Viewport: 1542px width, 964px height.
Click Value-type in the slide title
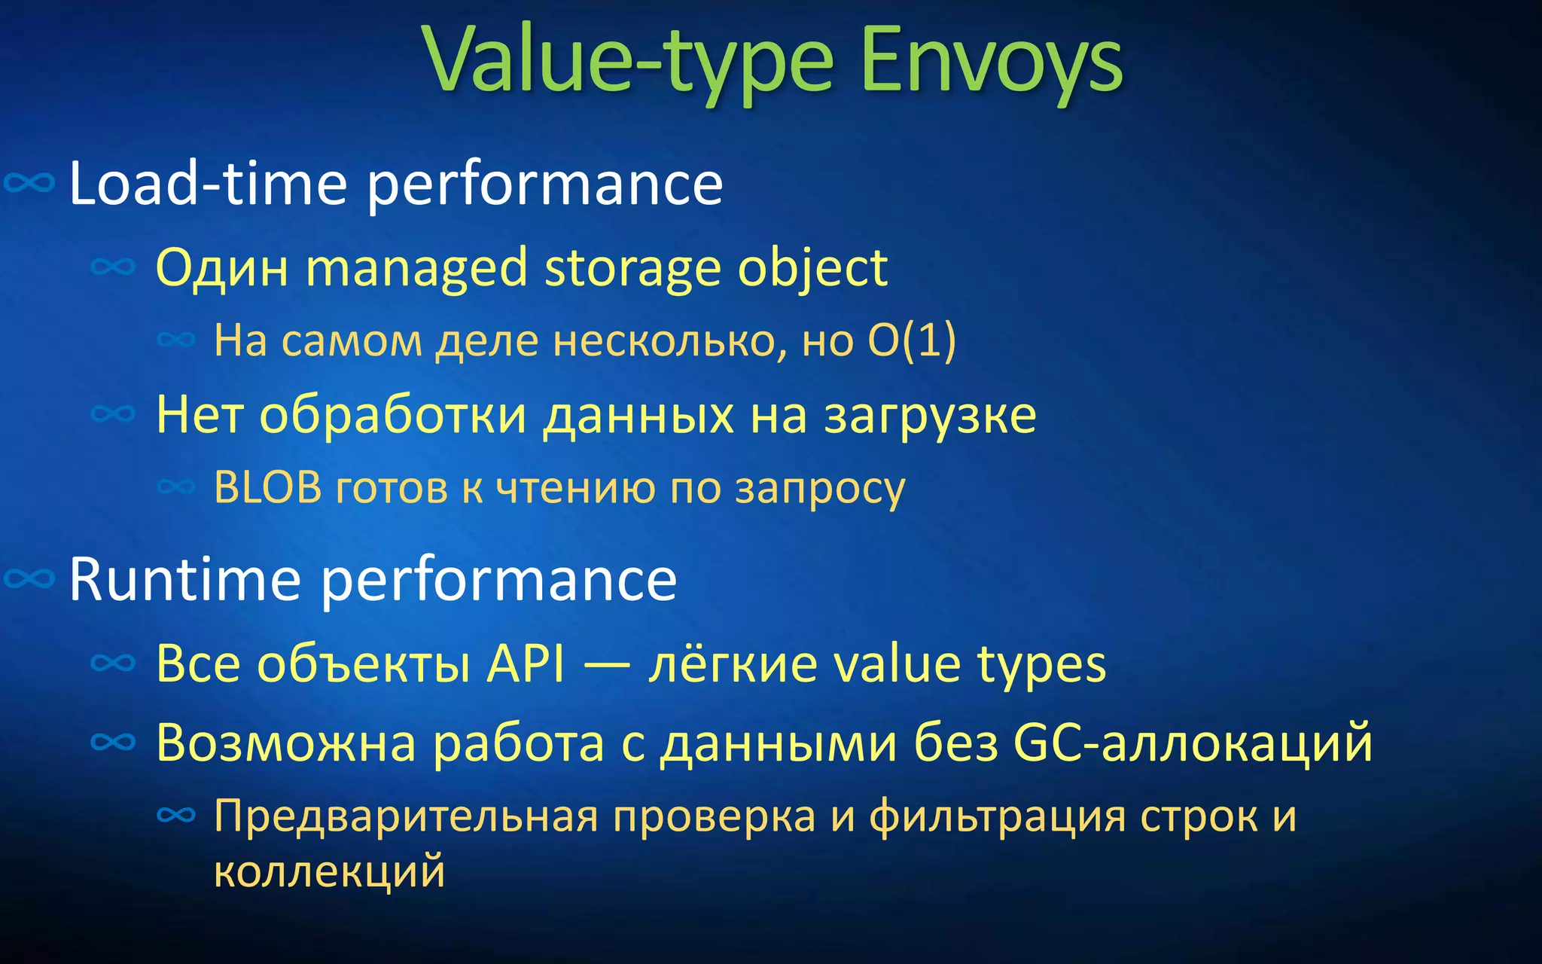tap(629, 60)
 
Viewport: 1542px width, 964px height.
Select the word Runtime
tap(184, 580)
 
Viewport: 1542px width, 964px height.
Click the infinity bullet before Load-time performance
tap(30, 183)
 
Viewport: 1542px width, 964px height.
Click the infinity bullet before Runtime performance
tap(30, 579)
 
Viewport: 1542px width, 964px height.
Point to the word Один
tap(221, 267)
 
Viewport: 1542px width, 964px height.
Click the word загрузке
tap(930, 416)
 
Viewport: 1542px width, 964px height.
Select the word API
tap(526, 664)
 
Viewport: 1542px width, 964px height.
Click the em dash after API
tap(607, 666)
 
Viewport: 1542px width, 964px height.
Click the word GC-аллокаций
tap(1193, 743)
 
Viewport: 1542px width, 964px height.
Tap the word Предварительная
tap(406, 816)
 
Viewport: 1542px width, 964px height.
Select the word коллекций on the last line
tap(329, 871)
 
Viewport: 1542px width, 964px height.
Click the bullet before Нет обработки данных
tap(113, 413)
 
